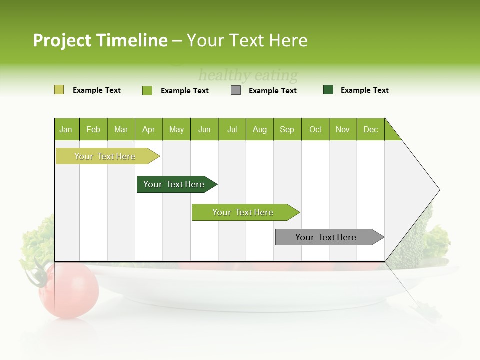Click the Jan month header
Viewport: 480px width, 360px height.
(66, 129)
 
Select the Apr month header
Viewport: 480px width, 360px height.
(149, 129)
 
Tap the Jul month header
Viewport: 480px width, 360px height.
(232, 129)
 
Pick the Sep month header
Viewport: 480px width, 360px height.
(287, 129)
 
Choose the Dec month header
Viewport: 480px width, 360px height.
(370, 129)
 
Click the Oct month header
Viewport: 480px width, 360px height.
(315, 129)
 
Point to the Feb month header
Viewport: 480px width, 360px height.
(93, 129)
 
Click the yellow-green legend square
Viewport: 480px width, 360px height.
(59, 90)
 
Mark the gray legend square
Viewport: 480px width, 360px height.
(236, 90)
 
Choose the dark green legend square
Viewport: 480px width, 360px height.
(328, 90)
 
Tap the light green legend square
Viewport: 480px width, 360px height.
(147, 90)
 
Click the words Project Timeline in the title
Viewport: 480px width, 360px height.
(100, 40)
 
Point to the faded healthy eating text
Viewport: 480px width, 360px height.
(248, 76)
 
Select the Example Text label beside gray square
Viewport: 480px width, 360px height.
(272, 91)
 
